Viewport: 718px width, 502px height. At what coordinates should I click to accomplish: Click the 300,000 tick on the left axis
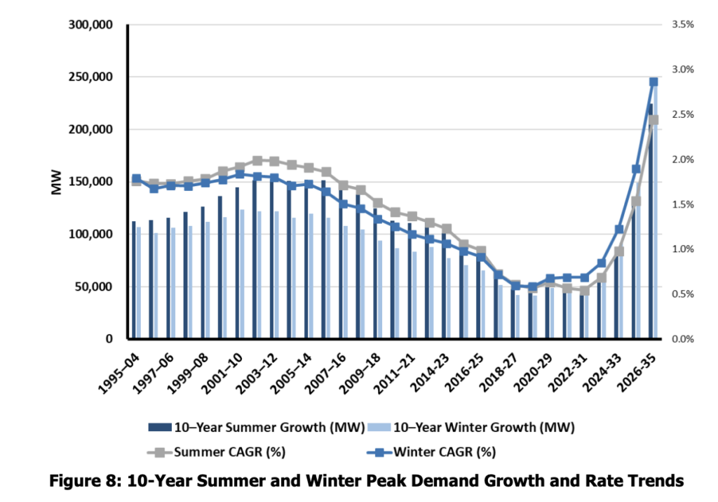click(x=93, y=25)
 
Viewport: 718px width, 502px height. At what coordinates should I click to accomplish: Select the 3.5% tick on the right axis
click(x=681, y=25)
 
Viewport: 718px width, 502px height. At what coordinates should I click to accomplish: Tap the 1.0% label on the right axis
click(x=681, y=249)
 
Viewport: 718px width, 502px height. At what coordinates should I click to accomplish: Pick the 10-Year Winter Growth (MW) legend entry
click(x=482, y=426)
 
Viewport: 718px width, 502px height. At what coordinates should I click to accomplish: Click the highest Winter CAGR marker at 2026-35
click(x=653, y=82)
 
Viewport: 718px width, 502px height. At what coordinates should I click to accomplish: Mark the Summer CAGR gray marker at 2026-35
click(x=653, y=120)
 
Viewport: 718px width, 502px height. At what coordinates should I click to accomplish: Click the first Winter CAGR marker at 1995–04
click(x=136, y=179)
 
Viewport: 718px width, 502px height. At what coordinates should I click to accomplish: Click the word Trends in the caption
click(x=643, y=482)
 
